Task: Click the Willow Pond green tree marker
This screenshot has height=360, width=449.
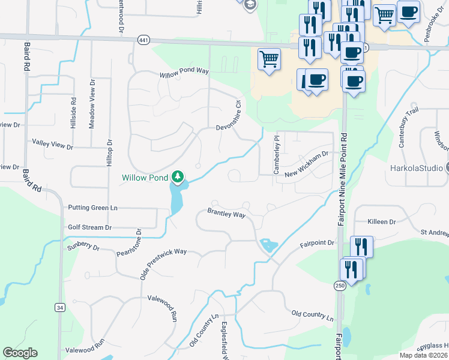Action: point(177,176)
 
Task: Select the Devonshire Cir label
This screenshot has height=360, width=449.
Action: point(238,112)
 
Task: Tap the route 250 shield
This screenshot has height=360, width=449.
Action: point(340,286)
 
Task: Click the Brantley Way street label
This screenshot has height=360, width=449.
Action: point(226,214)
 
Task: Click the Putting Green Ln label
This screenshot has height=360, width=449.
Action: point(92,208)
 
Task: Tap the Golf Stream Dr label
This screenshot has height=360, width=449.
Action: point(90,227)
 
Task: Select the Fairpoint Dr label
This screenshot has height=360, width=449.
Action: point(317,244)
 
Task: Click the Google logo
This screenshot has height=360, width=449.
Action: point(20,353)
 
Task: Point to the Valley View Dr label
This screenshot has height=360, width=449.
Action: point(52,144)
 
